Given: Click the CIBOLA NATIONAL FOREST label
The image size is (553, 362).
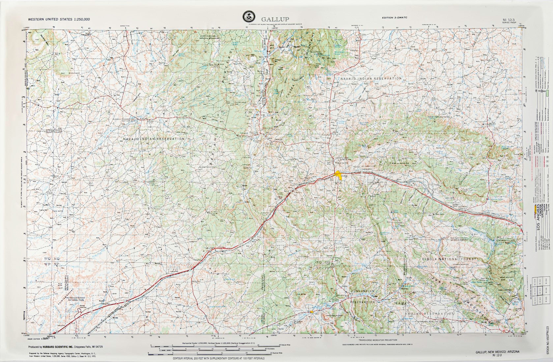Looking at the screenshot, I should click(x=449, y=259).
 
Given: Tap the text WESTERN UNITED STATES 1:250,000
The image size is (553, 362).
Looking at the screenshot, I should click(x=59, y=19).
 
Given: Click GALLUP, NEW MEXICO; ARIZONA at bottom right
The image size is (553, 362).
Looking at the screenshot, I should click(x=497, y=352).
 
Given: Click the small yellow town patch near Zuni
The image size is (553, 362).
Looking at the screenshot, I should click(x=311, y=311).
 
